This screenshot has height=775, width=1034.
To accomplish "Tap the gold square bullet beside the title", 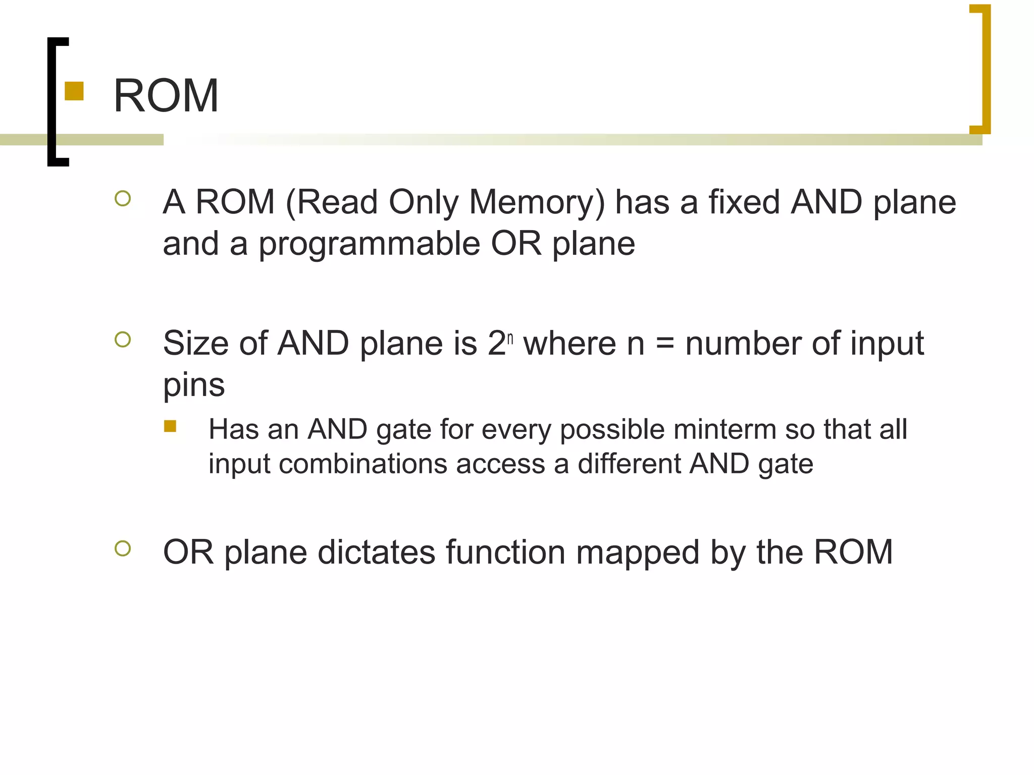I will [74, 91].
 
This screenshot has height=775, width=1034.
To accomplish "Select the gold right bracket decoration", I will [985, 69].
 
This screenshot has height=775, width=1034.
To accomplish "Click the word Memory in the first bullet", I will [536, 202].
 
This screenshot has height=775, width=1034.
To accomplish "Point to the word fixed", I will [744, 202].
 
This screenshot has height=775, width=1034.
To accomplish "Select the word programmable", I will [369, 244].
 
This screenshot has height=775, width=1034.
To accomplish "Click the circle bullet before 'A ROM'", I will [123, 198].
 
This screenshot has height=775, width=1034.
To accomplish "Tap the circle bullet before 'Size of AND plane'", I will [123, 340].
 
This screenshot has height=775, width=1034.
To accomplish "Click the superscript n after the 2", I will [510, 338].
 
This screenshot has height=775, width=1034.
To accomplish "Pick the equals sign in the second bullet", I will [665, 344].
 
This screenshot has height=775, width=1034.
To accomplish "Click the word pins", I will [194, 386].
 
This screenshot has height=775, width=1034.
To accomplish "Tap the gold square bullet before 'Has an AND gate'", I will [170, 426].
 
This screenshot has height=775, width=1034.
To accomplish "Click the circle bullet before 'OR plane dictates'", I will [123, 548].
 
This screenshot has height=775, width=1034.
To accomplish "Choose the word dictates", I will [376, 552].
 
